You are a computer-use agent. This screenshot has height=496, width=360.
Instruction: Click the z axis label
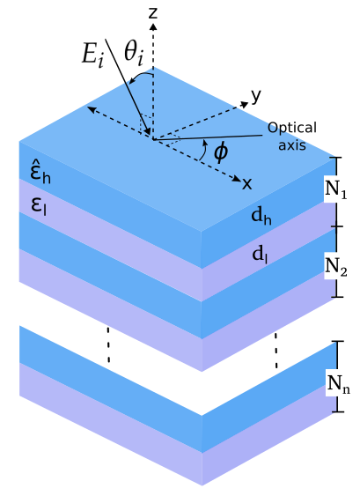(153, 12)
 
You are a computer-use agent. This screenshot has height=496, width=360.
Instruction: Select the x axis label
(247, 183)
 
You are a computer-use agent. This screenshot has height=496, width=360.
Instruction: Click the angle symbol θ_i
(134, 55)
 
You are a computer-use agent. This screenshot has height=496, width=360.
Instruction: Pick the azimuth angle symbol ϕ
(220, 152)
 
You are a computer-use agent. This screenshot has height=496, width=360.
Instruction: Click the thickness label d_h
(261, 217)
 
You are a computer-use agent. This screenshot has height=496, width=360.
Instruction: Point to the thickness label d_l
(260, 254)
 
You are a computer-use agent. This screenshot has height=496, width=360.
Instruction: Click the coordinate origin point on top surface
(153, 138)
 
